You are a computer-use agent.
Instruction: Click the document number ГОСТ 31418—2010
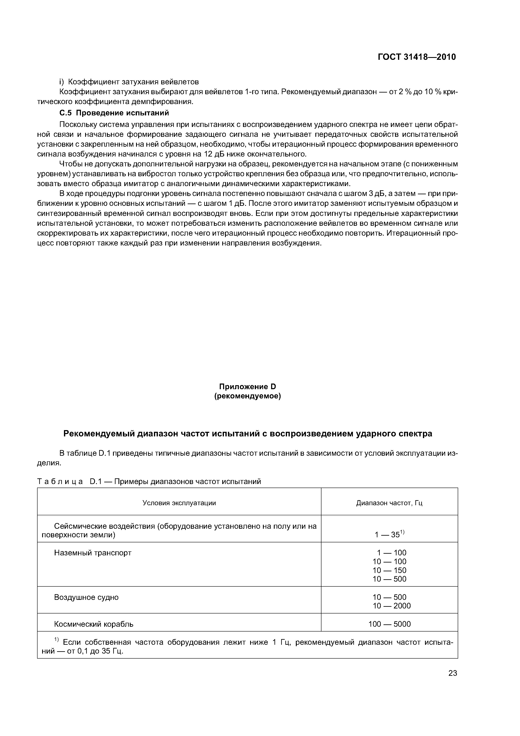[416, 57]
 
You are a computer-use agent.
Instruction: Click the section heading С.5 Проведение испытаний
[114, 113]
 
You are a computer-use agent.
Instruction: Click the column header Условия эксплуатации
[179, 503]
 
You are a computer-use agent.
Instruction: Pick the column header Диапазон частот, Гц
[389, 503]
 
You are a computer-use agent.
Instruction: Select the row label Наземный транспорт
[93, 553]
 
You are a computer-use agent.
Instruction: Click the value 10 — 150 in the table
[389, 570]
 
